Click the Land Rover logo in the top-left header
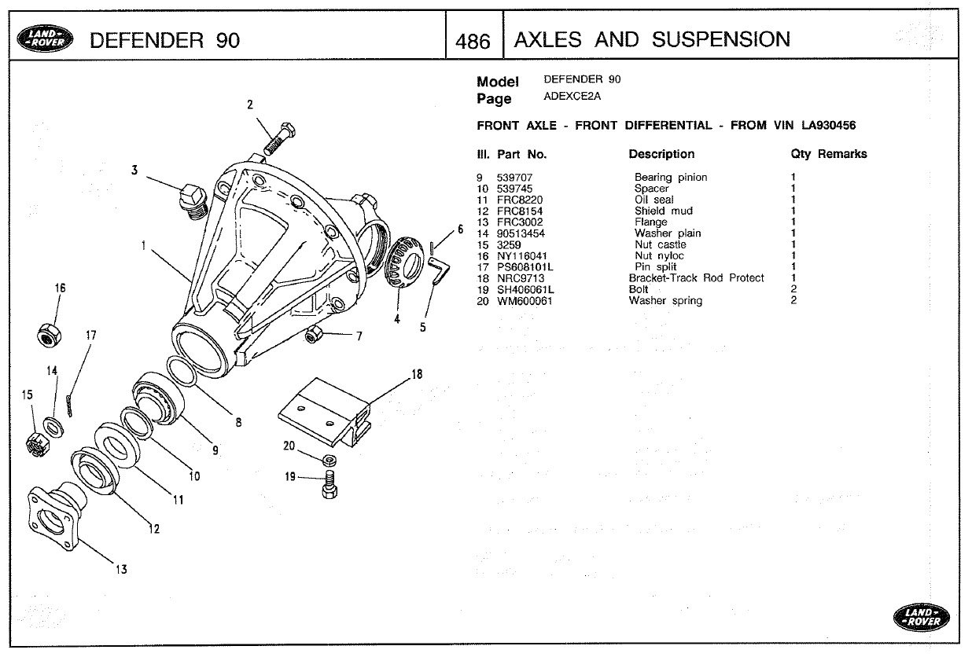(x=48, y=39)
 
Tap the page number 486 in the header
(x=473, y=41)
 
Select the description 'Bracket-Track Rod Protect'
(x=696, y=278)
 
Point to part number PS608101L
(x=525, y=267)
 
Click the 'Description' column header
(x=661, y=154)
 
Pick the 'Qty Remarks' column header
(x=828, y=154)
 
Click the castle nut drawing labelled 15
(x=36, y=443)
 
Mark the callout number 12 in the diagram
(x=154, y=529)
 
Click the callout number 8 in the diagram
(x=238, y=422)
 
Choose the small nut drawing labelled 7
(x=315, y=336)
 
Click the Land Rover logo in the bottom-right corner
(x=921, y=617)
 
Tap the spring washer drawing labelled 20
(x=330, y=458)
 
